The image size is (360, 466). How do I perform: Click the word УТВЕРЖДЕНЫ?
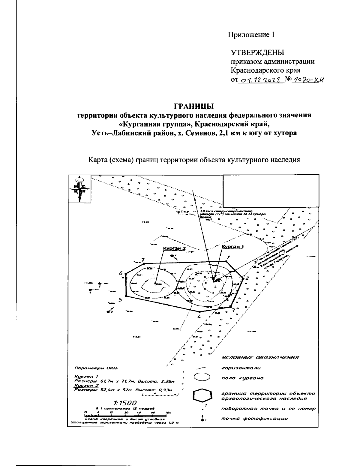point(257,53)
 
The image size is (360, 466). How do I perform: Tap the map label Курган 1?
point(233,246)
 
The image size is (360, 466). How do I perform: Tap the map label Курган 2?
point(174,248)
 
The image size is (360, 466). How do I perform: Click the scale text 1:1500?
point(125,403)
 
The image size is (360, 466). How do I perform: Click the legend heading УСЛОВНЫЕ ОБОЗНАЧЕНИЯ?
point(260,358)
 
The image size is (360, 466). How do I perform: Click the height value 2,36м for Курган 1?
point(166,381)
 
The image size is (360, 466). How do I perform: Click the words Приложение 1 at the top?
point(251,35)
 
